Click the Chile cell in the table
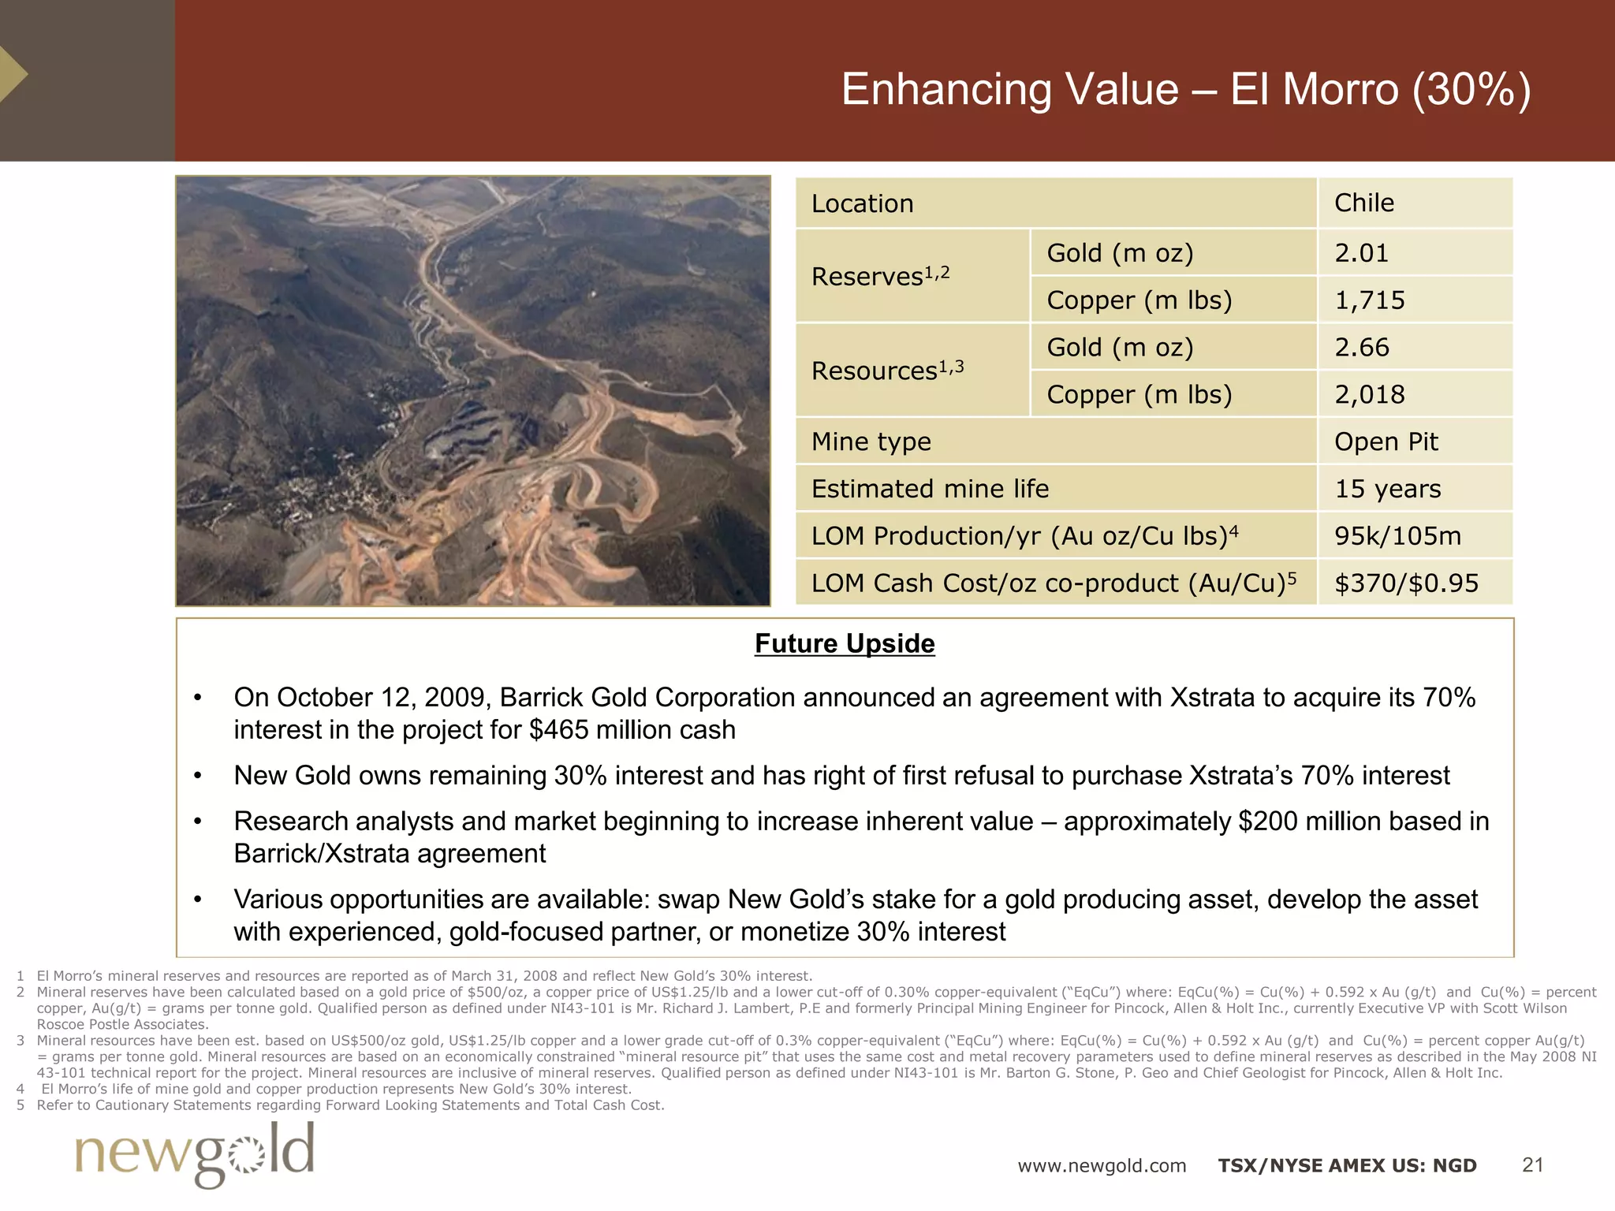[x=1363, y=203]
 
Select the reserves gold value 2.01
[x=1361, y=253]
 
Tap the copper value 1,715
[x=1369, y=300]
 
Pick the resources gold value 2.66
[x=1361, y=348]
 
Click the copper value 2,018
[x=1369, y=395]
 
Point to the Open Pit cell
[x=1386, y=442]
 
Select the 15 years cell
[x=1387, y=489]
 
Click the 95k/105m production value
[x=1397, y=536]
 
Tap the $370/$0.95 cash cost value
[x=1406, y=583]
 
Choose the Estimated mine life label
[x=930, y=489]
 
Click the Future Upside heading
[x=845, y=643]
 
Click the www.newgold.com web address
[x=1102, y=1166]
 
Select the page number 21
[x=1532, y=1165]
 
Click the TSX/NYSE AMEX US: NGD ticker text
[x=1347, y=1166]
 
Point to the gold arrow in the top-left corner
[x=13, y=74]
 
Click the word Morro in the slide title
[x=1340, y=89]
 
